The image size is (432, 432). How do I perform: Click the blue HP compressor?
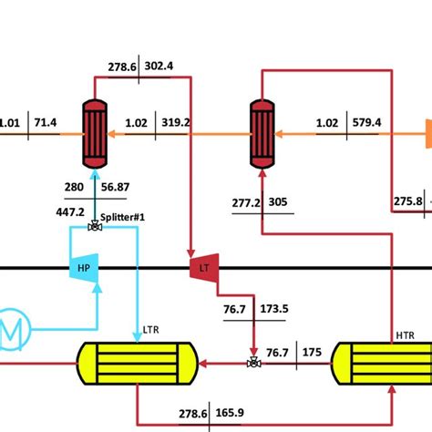coord(83,267)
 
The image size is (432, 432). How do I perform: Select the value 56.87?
coord(115,187)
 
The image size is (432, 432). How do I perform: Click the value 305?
coord(278,201)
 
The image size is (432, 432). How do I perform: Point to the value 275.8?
coord(407,201)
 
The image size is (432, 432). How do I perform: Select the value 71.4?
coord(45,122)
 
